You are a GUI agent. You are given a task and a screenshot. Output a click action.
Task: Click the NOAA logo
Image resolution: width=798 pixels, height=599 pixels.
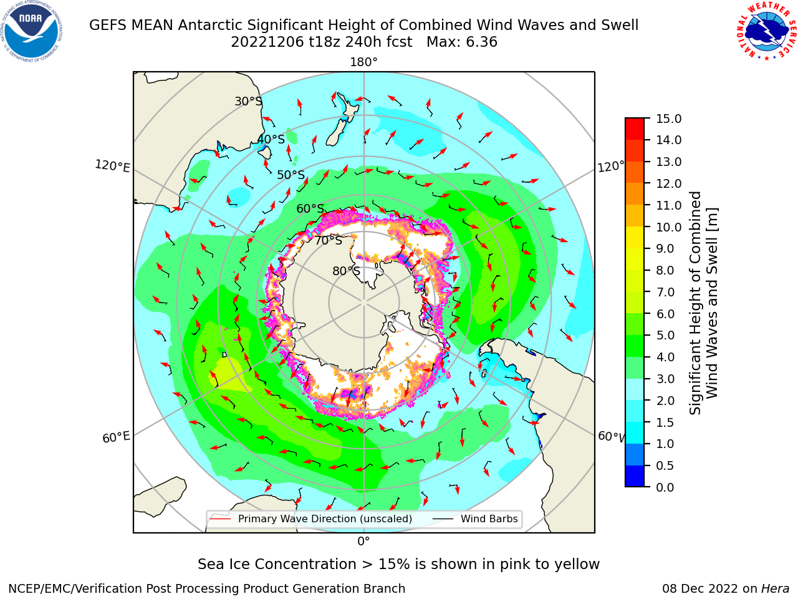point(32,31)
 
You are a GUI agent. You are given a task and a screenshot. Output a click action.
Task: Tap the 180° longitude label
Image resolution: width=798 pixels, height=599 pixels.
point(363,62)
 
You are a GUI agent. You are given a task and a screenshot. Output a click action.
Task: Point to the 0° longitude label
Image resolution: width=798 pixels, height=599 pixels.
point(363,542)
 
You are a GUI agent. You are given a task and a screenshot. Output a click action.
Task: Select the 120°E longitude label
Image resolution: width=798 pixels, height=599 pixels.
point(112,166)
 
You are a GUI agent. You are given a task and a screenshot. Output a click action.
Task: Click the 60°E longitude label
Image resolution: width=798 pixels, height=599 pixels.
point(116,437)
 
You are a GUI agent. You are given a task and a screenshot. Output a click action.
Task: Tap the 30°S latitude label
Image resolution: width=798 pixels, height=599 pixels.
point(248,101)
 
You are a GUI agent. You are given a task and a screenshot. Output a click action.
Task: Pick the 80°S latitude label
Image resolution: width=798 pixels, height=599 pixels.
point(346,271)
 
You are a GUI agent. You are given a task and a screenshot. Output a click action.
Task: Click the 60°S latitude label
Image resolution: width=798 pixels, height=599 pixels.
point(310,208)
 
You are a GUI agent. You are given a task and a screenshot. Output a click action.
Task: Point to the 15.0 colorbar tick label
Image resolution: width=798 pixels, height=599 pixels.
point(668,119)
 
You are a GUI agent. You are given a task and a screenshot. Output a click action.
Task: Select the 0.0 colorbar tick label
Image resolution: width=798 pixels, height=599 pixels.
point(665,487)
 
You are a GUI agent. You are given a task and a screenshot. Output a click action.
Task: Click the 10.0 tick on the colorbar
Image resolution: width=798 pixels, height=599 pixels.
point(647,227)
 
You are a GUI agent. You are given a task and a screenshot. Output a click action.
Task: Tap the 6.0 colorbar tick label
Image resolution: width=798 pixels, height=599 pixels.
point(665,314)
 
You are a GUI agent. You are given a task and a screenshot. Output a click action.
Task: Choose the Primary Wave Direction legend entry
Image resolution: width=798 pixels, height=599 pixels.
point(312,519)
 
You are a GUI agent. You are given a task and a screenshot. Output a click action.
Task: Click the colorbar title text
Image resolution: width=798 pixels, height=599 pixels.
point(703,303)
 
